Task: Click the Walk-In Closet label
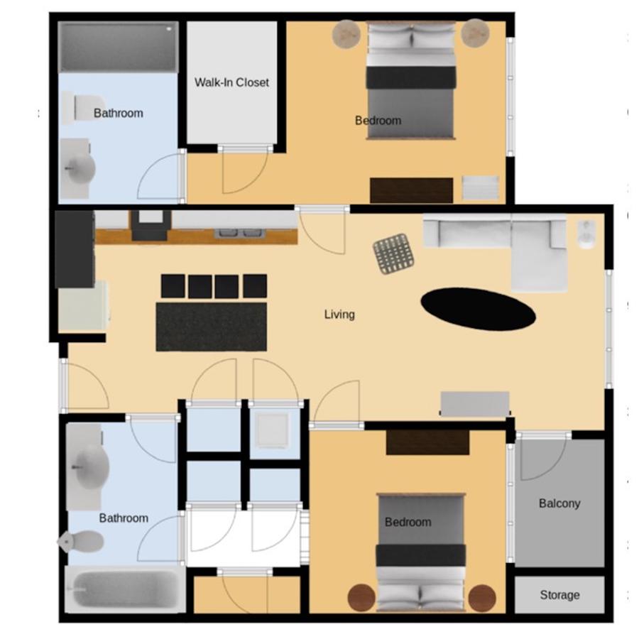[231, 82]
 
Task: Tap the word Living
[339, 315]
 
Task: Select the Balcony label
[559, 503]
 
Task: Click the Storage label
[559, 595]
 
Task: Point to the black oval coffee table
[478, 309]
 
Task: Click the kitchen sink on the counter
[239, 233]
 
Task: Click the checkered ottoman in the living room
[394, 254]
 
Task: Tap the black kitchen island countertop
[211, 327]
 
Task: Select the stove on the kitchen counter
[149, 226]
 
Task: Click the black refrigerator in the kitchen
[75, 249]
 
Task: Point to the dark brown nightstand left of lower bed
[361, 598]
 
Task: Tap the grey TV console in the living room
[475, 404]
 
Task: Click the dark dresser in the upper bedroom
[411, 190]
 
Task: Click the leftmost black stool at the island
[173, 286]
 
